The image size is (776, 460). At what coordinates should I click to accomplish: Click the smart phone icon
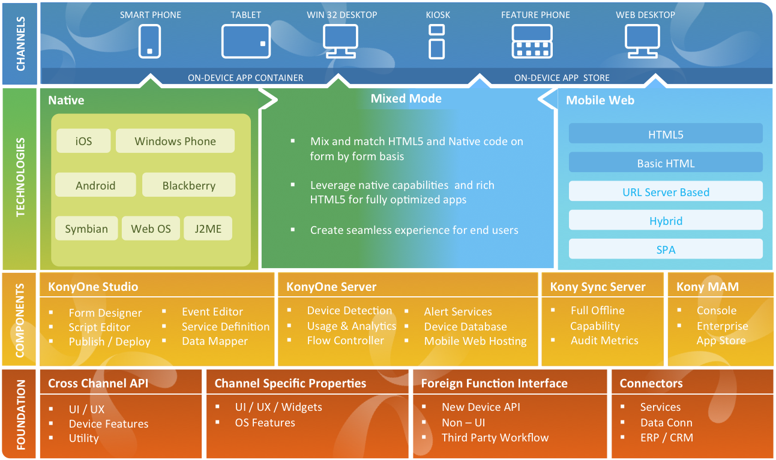pos(149,41)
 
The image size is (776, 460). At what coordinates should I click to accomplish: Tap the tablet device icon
pos(245,42)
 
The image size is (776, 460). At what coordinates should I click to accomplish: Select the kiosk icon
pos(437,41)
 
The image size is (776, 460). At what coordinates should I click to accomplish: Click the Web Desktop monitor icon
pos(642,42)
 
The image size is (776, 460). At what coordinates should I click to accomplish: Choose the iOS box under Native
pos(84,142)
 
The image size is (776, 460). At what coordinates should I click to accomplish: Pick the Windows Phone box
pos(175,142)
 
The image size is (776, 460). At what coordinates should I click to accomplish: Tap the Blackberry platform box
pos(188,186)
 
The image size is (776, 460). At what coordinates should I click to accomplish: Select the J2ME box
pos(208,229)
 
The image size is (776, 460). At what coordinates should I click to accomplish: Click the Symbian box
pos(86,229)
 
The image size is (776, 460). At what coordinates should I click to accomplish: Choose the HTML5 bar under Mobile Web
pos(666,135)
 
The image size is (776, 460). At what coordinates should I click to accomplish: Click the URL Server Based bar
pos(666,193)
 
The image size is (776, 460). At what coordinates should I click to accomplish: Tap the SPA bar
pos(666,249)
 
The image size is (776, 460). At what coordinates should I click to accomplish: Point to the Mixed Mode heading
pos(406,99)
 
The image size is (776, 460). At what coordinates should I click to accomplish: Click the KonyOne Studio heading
pos(93,287)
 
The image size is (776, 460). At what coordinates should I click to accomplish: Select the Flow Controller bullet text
pos(345,341)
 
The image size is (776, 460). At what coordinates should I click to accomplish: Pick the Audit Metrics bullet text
pos(604,341)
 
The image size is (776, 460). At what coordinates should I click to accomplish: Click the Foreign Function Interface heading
pos(494,383)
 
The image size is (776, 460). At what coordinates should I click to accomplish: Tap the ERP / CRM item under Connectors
pos(666,438)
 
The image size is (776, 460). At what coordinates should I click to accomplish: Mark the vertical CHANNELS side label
pos(21,43)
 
